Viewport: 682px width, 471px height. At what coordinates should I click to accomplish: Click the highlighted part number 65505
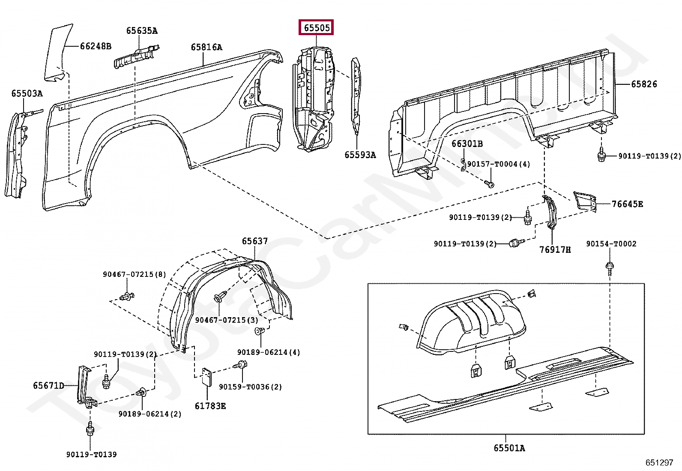pos(317,28)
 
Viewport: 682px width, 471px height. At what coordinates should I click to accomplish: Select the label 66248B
pos(96,46)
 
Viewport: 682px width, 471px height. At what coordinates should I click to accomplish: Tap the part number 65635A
pos(141,31)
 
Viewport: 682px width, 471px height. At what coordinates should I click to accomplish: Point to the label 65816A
pos(206,47)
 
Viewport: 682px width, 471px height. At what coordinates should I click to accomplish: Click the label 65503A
pos(27,93)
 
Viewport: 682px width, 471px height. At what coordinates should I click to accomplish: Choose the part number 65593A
pos(360,155)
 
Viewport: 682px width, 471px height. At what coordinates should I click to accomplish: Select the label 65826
pos(644,84)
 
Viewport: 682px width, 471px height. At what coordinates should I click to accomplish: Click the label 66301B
pos(467,144)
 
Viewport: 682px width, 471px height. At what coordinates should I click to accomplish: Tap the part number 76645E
pos(627,204)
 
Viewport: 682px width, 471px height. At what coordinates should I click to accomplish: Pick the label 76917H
pos(555,249)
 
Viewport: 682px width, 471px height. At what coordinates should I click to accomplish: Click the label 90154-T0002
pos(611,244)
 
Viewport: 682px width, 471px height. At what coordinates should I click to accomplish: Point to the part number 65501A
pos(509,448)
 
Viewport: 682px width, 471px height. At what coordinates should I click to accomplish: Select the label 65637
pos(254,241)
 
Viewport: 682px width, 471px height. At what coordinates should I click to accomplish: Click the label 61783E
pos(210,406)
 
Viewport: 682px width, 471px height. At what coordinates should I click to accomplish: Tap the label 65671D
pos(48,386)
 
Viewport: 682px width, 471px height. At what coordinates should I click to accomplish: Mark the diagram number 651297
pos(659,463)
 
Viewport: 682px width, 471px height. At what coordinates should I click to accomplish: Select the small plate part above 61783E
pos(206,377)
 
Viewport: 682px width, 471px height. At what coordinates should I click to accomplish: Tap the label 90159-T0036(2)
pos(250,387)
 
